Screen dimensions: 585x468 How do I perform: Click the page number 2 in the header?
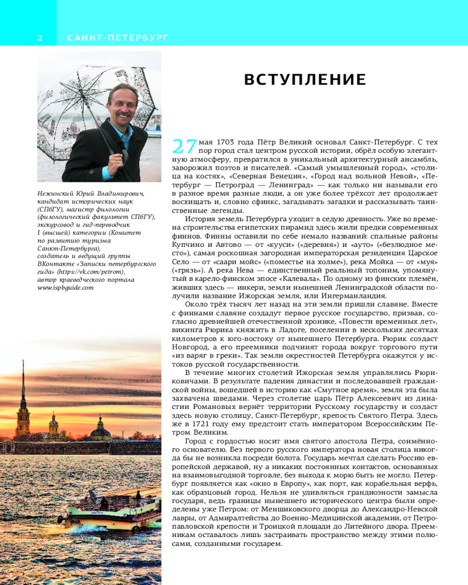[x=40, y=38]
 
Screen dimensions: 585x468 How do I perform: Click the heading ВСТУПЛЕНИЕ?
[x=305, y=80]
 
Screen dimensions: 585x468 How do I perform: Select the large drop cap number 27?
[x=184, y=147]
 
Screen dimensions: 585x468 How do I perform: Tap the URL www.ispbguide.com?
[x=66, y=287]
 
